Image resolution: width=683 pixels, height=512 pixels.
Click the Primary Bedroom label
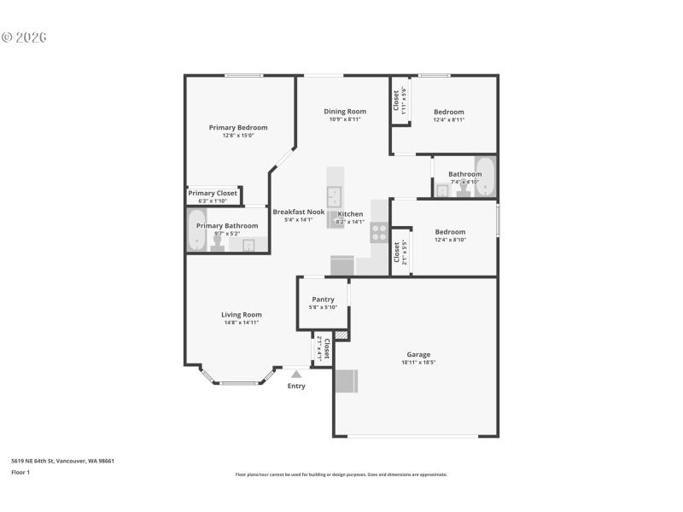click(238, 128)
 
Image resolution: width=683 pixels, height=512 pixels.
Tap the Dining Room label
click(345, 112)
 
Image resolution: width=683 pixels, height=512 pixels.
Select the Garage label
click(418, 354)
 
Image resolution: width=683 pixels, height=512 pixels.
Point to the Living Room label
click(242, 315)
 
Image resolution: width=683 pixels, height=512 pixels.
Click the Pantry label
click(323, 300)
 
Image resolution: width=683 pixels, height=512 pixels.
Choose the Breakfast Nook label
click(298, 212)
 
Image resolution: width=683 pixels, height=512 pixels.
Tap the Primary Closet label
click(213, 194)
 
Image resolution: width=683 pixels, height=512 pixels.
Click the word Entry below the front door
click(296, 387)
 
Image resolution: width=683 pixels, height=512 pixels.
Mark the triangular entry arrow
click(296, 374)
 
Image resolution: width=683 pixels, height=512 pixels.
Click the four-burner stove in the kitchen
click(379, 232)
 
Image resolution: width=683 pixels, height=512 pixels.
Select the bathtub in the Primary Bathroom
click(196, 230)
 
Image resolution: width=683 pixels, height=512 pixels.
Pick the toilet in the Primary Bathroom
click(217, 245)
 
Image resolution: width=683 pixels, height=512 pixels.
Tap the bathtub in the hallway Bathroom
click(485, 177)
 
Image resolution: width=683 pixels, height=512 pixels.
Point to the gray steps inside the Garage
click(347, 381)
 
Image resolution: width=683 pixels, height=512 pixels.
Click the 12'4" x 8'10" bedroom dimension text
click(450, 240)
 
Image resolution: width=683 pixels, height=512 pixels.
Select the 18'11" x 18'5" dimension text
click(418, 362)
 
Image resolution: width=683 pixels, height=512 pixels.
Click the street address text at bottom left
click(62, 461)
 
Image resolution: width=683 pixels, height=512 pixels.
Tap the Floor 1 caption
click(20, 472)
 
